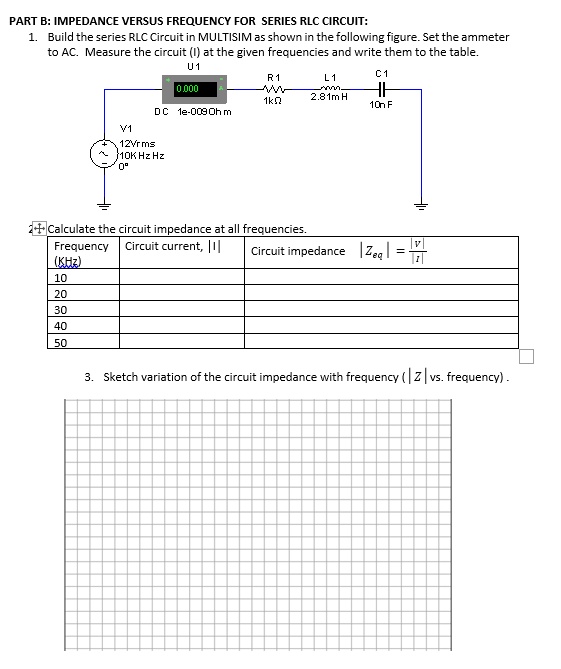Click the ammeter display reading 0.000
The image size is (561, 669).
188,89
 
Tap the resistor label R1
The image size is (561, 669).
274,78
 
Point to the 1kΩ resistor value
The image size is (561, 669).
272,102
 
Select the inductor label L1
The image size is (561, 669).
331,78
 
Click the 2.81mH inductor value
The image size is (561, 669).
329,97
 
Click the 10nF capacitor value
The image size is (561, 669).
381,104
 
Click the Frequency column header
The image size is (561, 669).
81,246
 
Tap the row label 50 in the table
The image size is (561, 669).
61,342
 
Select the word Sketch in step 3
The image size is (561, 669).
123,377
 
